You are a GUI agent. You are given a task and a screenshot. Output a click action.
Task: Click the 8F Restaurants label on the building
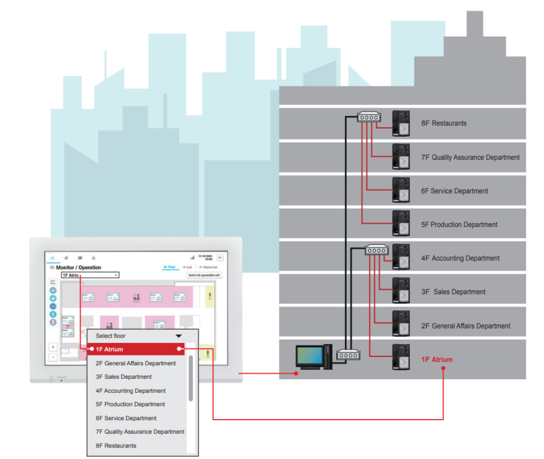click(x=444, y=123)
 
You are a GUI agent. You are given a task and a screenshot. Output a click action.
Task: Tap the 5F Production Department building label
click(x=459, y=225)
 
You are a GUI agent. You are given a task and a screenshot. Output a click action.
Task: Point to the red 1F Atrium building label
click(x=437, y=359)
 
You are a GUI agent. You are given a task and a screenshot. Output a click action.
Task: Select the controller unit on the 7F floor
click(x=401, y=157)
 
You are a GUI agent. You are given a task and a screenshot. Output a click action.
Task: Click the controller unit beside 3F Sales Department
click(x=401, y=291)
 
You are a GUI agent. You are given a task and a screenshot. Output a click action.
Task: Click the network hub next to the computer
click(x=348, y=355)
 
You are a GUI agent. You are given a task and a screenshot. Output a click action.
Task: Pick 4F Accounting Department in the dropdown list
click(x=131, y=391)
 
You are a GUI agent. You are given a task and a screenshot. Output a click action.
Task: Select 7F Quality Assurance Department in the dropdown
click(x=140, y=432)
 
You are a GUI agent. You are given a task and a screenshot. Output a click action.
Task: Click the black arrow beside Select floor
click(x=179, y=336)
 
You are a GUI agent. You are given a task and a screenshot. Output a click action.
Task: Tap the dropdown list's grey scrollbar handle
click(x=190, y=378)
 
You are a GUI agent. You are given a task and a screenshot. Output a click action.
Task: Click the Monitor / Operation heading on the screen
click(x=78, y=268)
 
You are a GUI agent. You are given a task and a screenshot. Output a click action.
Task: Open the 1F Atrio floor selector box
click(x=90, y=275)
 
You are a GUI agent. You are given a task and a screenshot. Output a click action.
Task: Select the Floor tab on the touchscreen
click(x=170, y=267)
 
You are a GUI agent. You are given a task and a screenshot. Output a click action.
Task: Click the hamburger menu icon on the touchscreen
click(x=220, y=257)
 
